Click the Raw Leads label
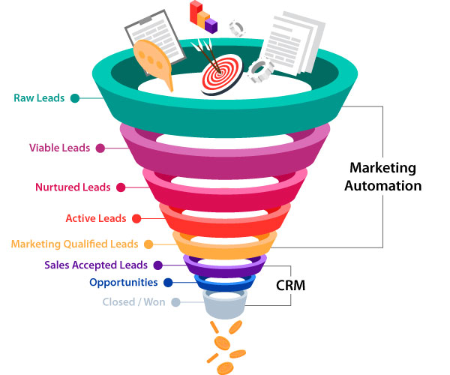coord(39,97)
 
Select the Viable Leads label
coord(60,148)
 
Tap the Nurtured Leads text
coord(73,187)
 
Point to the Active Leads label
coord(95,218)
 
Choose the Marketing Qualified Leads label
coord(74,244)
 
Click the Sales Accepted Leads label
coord(96,265)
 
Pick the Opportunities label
coord(124,283)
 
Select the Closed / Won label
coord(134,303)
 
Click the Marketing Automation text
coord(383,176)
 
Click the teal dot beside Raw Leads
coord(75,97)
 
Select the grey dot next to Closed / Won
coord(175,303)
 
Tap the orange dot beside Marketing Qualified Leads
coord(148,244)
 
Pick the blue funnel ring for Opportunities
coord(224,283)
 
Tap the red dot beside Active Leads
coord(136,218)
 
